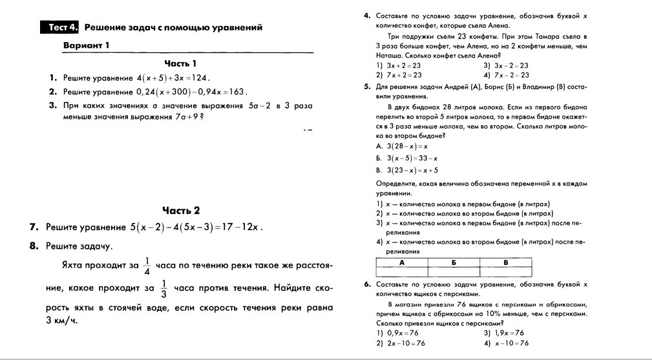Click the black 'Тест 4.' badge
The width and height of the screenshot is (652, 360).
[63, 28]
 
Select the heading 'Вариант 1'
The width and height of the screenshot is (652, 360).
[86, 45]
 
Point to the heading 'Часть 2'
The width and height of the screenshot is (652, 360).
[181, 210]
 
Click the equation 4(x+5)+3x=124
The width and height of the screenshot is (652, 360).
[170, 78]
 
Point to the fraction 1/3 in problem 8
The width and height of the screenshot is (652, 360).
[164, 286]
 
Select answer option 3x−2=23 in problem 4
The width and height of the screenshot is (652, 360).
[510, 65]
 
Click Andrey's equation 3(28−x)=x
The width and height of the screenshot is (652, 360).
[407, 147]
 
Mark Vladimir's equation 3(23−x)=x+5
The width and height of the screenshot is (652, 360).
[412, 171]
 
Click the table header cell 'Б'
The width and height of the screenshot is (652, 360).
[454, 262]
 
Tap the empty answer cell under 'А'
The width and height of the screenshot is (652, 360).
[402, 271]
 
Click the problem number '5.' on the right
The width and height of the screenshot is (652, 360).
[367, 85]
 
